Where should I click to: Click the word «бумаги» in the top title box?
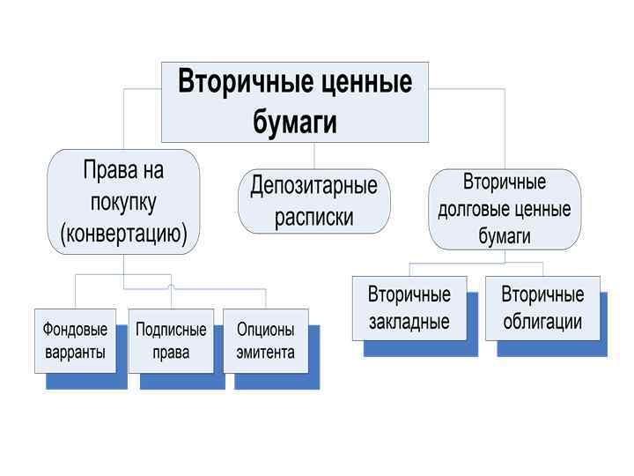click(295, 122)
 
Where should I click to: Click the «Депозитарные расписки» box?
click(314, 201)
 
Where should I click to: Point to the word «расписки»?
click(314, 217)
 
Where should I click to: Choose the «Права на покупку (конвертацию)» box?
click(123, 202)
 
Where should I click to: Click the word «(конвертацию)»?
click(123, 234)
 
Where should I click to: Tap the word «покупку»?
click(123, 202)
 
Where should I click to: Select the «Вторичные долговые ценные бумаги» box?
click(505, 209)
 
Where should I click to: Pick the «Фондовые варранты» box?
click(76, 341)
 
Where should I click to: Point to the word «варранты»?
click(76, 353)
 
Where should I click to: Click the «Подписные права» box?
click(171, 341)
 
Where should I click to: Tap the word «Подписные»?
click(171, 330)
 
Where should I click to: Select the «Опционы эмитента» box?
click(266, 341)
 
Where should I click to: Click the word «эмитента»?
click(266, 353)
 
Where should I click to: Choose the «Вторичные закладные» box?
click(409, 308)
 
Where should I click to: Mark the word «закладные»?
click(409, 322)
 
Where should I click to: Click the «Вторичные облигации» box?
click(542, 308)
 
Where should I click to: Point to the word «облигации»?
click(542, 322)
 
